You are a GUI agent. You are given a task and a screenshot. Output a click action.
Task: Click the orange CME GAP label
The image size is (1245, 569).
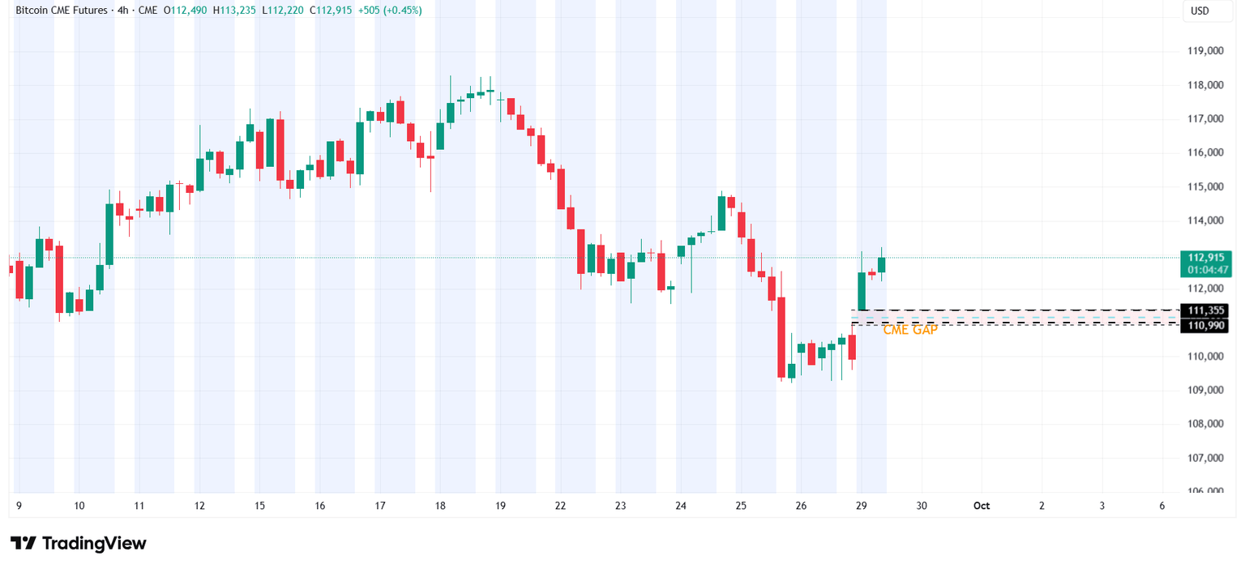[x=909, y=330]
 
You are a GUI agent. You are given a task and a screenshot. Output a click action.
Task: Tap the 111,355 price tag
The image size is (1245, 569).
[x=1206, y=310]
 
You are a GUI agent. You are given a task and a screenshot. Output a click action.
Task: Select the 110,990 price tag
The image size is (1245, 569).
[x=1206, y=325]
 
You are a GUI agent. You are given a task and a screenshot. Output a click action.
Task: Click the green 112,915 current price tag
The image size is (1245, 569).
[x=1206, y=257]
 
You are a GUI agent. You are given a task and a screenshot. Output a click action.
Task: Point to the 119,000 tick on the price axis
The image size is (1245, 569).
[x=1204, y=51]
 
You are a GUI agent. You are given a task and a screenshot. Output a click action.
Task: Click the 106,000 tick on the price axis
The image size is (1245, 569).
[x=1204, y=491]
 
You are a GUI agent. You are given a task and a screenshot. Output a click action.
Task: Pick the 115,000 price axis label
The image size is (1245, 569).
[x=1204, y=186]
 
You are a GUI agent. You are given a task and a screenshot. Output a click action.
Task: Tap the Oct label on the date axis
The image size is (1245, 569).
[x=982, y=506]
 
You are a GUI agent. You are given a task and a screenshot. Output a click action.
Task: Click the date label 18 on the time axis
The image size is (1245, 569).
[x=440, y=506]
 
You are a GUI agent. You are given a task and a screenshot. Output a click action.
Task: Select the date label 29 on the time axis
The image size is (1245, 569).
[x=862, y=506]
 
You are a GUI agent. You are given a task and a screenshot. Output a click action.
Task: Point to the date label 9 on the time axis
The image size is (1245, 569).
[x=19, y=506]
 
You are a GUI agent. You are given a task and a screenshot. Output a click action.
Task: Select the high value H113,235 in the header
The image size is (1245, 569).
[x=237, y=11]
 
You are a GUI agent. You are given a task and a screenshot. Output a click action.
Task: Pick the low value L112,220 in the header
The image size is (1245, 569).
[x=286, y=11]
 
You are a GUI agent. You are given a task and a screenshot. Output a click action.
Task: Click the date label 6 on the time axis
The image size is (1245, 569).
[x=1162, y=506]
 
